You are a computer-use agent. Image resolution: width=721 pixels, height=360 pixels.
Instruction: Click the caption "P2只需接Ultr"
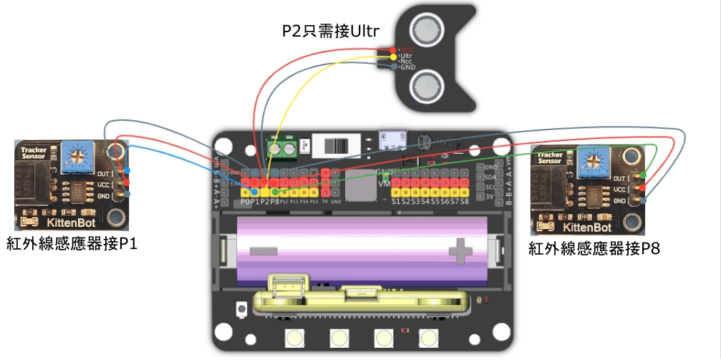coord(330,32)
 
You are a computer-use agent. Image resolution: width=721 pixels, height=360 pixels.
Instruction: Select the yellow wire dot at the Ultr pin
coord(392,56)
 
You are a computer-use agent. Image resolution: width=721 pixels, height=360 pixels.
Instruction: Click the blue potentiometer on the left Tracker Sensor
coord(73,155)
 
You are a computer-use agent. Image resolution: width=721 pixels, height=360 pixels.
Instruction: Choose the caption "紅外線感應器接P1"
coord(71,244)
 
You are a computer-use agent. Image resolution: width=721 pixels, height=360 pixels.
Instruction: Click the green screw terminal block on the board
coord(283,148)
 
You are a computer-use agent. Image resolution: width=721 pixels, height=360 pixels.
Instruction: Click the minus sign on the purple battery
coord(263,250)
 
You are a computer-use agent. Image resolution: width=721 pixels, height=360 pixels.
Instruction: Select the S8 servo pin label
coord(465,202)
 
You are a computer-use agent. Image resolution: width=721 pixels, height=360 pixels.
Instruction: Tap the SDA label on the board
coord(490,177)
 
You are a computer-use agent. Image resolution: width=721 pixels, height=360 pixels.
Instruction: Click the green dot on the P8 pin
coord(275,192)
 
